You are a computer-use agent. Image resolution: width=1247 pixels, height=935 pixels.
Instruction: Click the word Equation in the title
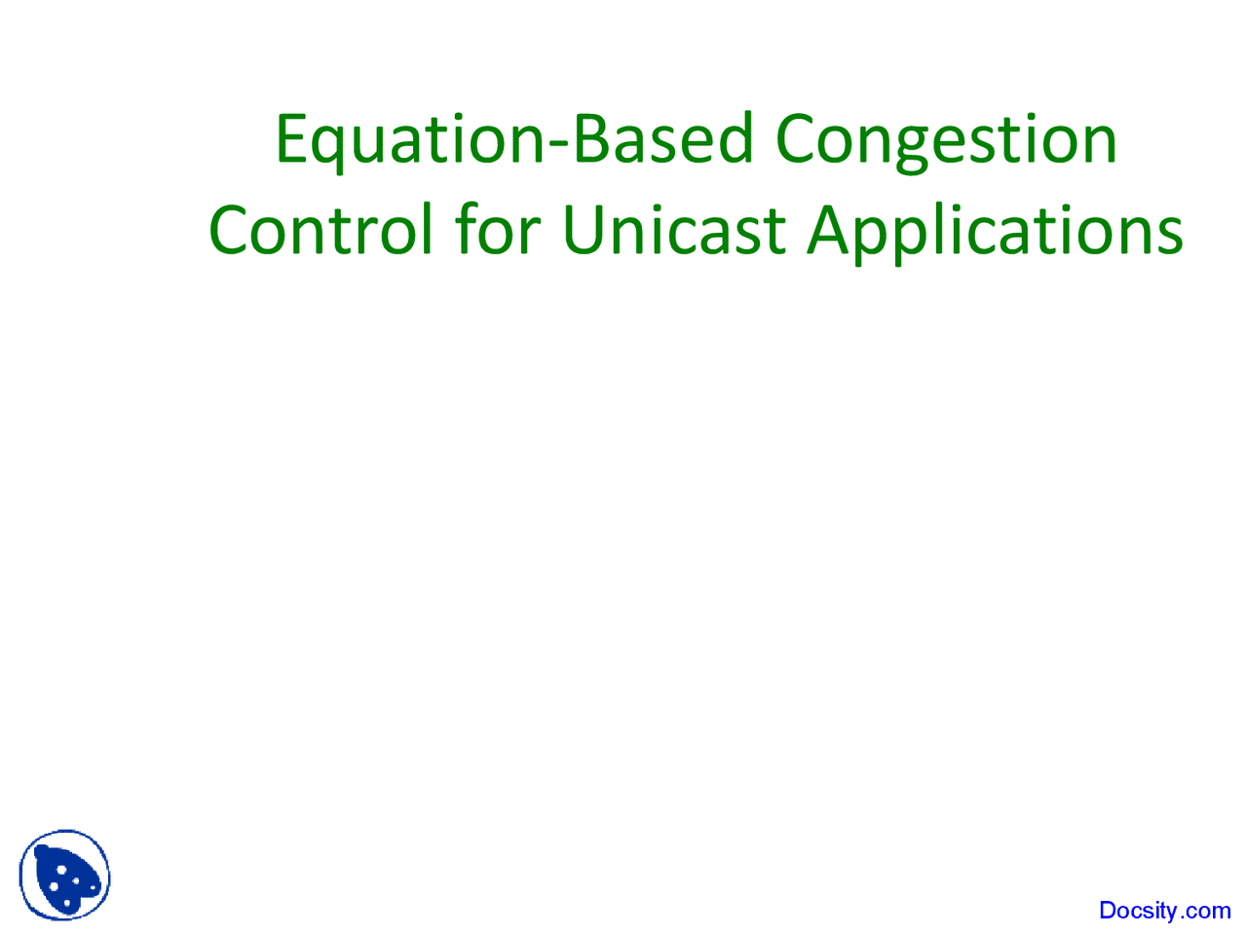(x=409, y=139)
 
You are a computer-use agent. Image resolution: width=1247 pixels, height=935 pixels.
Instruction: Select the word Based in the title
(x=662, y=139)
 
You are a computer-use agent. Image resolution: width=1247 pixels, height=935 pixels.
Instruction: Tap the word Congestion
(x=946, y=139)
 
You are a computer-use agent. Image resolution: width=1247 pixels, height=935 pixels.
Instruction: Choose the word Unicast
(x=673, y=231)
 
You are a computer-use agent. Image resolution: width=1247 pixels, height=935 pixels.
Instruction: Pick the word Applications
(x=995, y=231)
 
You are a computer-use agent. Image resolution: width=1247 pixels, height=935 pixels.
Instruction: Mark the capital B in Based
(x=590, y=139)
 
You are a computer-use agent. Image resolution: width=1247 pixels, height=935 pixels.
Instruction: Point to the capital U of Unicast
(x=585, y=231)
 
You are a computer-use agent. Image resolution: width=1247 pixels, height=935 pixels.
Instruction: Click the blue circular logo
(x=64, y=876)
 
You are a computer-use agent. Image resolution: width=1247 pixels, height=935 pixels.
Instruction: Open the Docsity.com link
(x=1164, y=911)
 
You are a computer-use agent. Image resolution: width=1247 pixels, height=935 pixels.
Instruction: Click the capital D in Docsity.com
(x=1109, y=911)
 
